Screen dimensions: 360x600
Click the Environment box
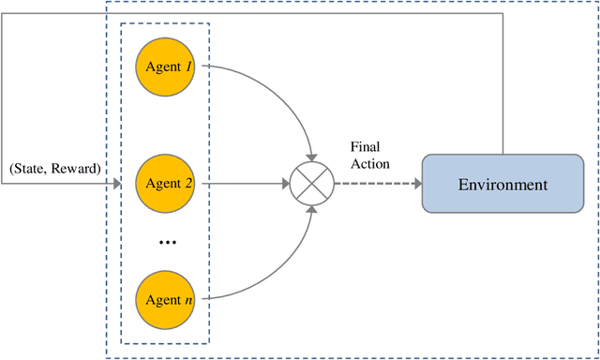pyautogui.click(x=502, y=184)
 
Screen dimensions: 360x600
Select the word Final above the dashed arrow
pyautogui.click(x=365, y=147)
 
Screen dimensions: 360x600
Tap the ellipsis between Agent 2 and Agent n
pyautogui.click(x=167, y=243)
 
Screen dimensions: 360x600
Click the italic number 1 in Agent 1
pyautogui.click(x=187, y=67)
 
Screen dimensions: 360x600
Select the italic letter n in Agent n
pyautogui.click(x=187, y=301)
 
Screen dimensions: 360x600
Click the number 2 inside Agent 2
pyautogui.click(x=187, y=184)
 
